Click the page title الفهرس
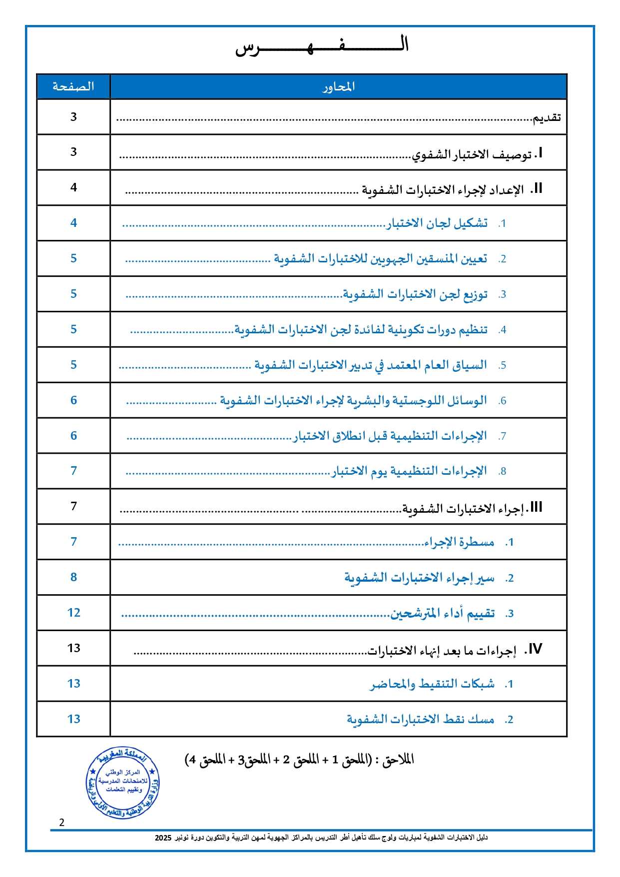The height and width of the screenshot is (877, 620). [x=322, y=46]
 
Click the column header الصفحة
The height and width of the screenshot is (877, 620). [x=73, y=86]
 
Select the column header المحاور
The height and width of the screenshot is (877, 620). [x=338, y=87]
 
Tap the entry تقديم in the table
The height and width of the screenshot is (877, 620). [x=547, y=118]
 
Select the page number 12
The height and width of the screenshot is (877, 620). [x=74, y=613]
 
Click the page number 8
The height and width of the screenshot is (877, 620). [x=74, y=577]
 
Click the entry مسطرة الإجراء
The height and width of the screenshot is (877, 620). [x=459, y=542]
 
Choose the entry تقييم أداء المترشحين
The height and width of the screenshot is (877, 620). [x=442, y=613]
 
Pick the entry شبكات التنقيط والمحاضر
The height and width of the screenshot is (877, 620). [x=432, y=684]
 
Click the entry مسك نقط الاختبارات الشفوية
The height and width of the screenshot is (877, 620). [x=421, y=719]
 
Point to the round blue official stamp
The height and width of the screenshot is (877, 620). [x=122, y=783]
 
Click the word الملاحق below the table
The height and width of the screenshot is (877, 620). [x=398, y=760]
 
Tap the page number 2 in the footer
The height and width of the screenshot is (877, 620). [x=62, y=823]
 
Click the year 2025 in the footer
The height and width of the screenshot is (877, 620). [x=163, y=838]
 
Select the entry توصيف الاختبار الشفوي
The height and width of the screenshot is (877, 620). [x=472, y=154]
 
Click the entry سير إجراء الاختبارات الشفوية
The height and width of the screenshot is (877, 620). [x=419, y=578]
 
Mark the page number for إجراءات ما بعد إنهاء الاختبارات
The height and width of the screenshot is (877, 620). [x=74, y=648]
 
